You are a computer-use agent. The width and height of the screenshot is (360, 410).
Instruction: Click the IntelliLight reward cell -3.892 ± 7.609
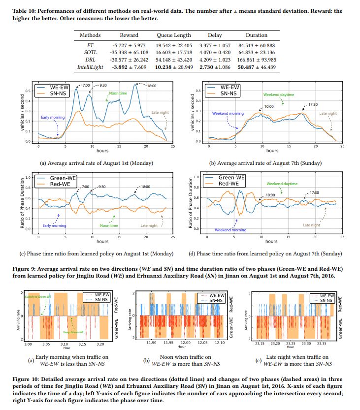(130, 66)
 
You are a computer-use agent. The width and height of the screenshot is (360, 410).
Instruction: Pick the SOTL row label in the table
(91, 51)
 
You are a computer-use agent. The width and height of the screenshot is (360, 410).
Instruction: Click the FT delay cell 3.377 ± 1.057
(215, 43)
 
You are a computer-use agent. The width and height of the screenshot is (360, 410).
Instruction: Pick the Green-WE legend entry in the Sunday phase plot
(230, 177)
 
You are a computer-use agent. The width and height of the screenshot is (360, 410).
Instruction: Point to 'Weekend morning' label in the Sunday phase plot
(230, 230)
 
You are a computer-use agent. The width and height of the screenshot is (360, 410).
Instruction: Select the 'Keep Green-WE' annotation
(80, 332)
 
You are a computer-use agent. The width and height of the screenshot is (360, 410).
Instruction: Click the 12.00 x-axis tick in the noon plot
(185, 342)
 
